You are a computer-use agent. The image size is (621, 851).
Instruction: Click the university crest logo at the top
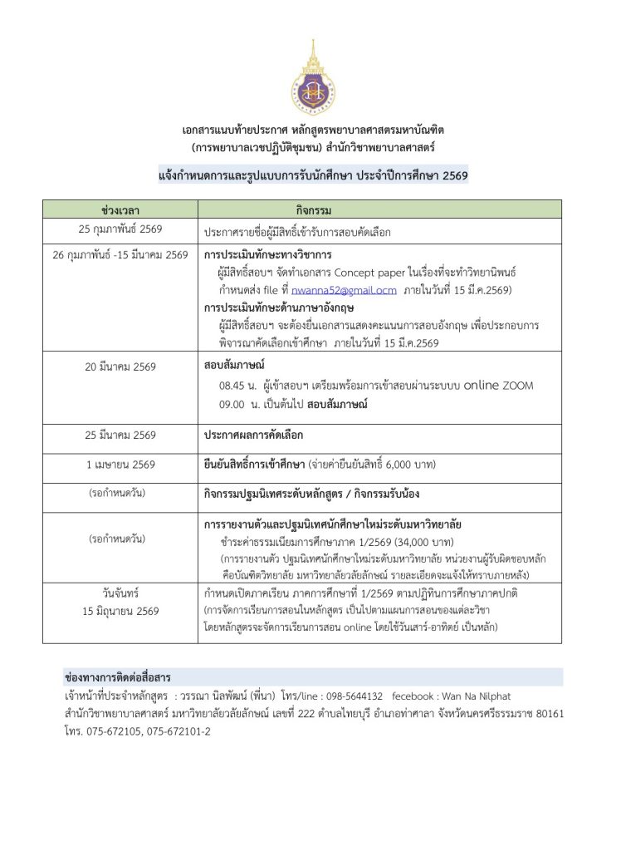point(313,78)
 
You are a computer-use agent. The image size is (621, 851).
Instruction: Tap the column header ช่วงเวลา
point(117,209)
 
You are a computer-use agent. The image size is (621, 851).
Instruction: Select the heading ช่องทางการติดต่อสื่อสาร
point(118,677)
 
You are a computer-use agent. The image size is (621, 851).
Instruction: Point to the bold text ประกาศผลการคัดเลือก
point(253,435)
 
